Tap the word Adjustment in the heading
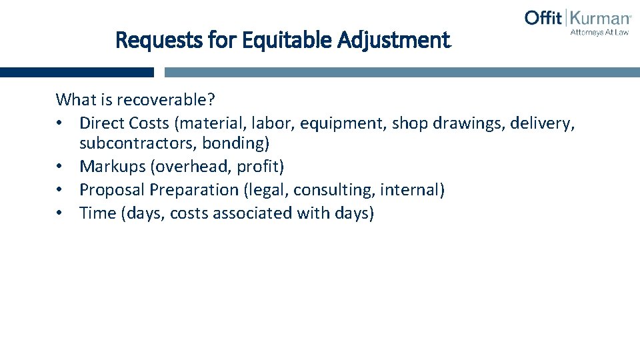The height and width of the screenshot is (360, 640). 394,41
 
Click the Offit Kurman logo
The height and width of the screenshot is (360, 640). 577,18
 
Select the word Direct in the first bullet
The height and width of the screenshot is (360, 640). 102,123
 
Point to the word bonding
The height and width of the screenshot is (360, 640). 235,143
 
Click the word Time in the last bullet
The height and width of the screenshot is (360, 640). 96,213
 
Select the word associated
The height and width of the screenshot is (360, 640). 260,213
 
